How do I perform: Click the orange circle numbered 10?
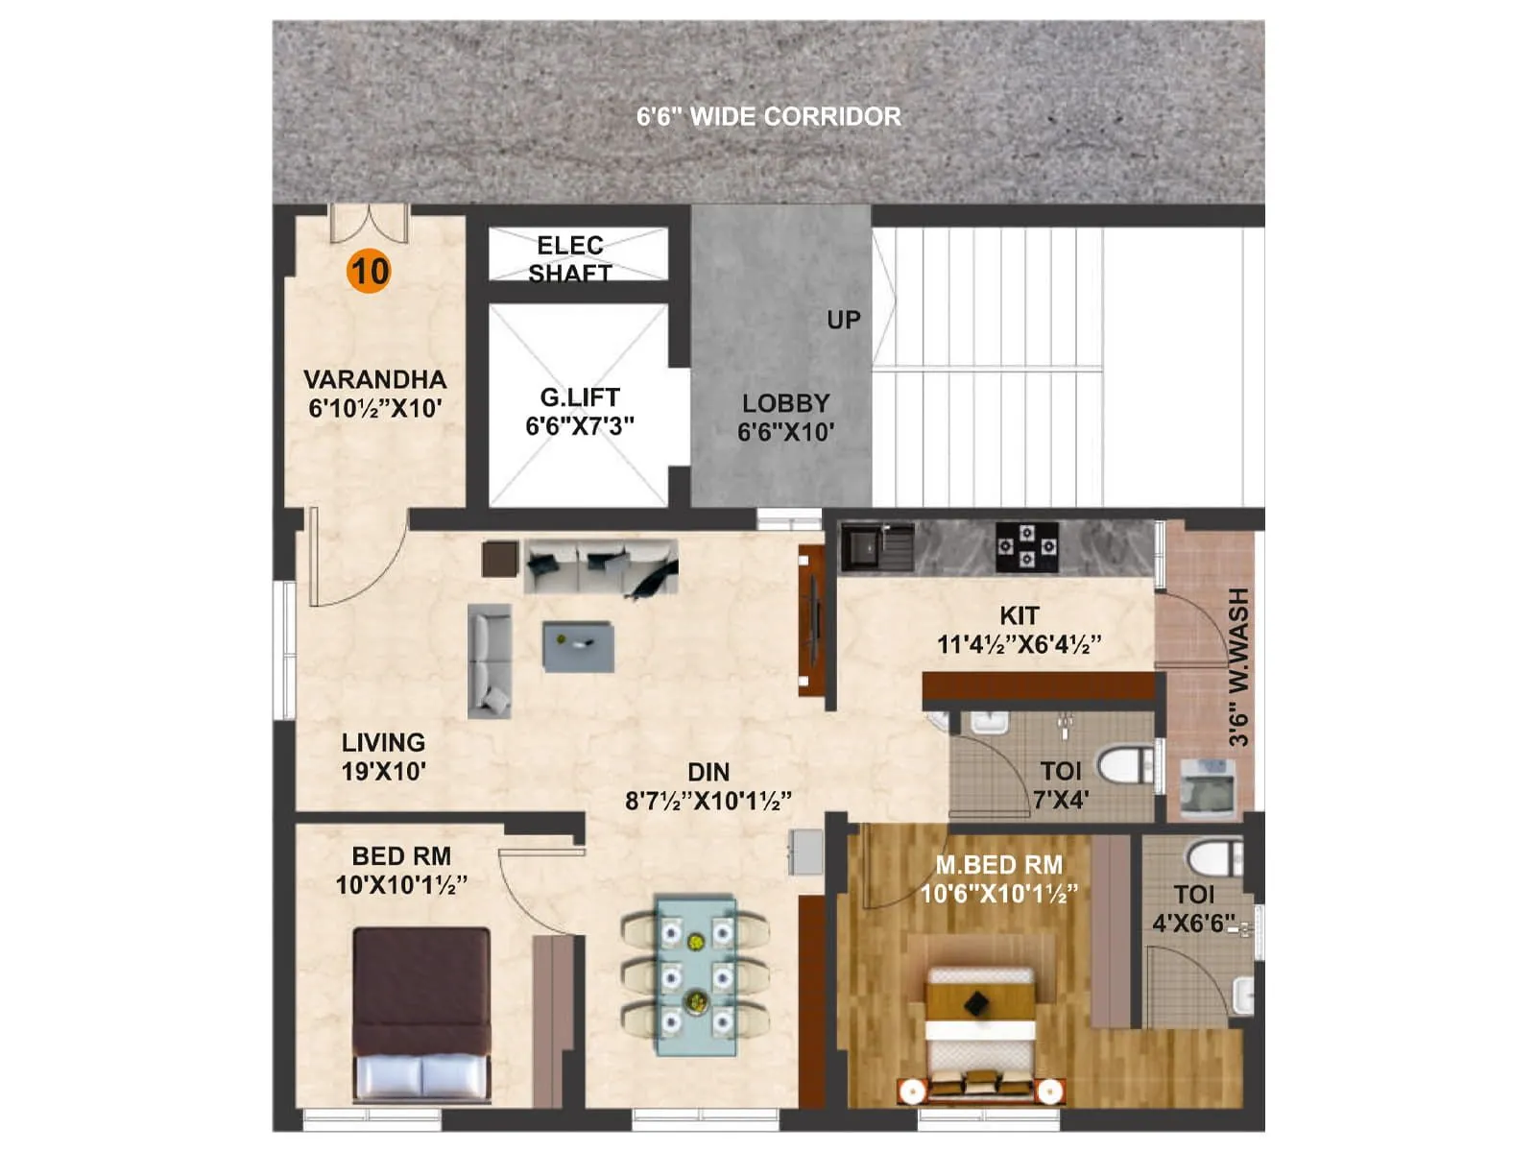pyautogui.click(x=369, y=271)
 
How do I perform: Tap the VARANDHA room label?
pyautogui.click(x=374, y=380)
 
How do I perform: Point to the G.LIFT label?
pyautogui.click(x=580, y=397)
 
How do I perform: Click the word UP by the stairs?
pyautogui.click(x=843, y=321)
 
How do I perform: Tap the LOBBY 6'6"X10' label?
pyautogui.click(x=785, y=418)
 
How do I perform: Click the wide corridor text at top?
pyautogui.click(x=768, y=117)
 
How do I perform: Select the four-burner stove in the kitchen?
pyautogui.click(x=1026, y=546)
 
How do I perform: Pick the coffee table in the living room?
pyautogui.click(x=578, y=646)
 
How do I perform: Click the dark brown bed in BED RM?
pyautogui.click(x=420, y=1013)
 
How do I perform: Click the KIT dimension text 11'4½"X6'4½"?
pyautogui.click(x=1019, y=644)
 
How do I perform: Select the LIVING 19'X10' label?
pyautogui.click(x=383, y=756)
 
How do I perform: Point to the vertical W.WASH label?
pyautogui.click(x=1238, y=667)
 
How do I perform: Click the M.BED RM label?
pyautogui.click(x=998, y=865)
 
